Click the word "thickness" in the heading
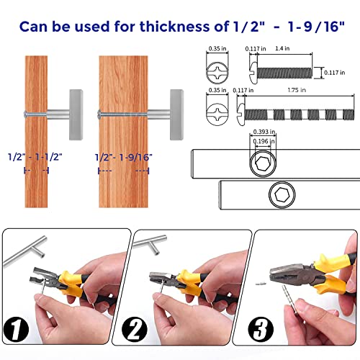coord(174,27)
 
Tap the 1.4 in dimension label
coord(282,48)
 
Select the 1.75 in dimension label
coord(297,90)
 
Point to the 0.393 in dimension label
coord(264,132)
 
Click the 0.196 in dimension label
coord(264,141)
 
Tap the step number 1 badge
coord(16,329)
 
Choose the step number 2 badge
coord(135,329)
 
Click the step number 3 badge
coord(261,329)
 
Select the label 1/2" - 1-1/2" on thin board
coord(35,157)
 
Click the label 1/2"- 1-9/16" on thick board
coord(124,158)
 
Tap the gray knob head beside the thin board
coord(76,114)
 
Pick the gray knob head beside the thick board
coord(177,114)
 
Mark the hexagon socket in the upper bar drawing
coord(263,163)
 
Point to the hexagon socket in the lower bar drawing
coord(282,194)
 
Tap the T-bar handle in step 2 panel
coord(150,245)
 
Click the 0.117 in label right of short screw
coord(335,73)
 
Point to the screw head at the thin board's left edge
coord(25,114)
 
